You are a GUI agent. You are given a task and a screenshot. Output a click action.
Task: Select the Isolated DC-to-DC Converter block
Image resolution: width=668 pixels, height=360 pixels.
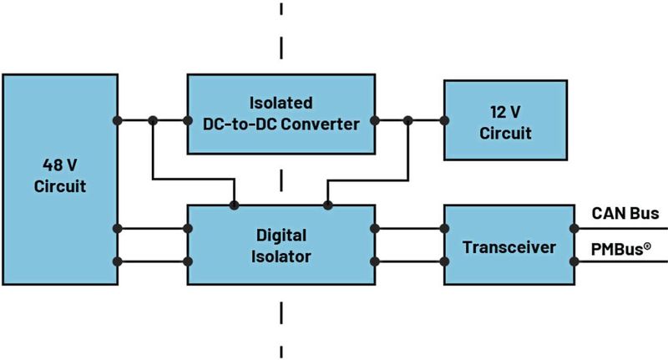281,114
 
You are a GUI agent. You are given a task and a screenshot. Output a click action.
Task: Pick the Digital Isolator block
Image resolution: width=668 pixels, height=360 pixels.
281,245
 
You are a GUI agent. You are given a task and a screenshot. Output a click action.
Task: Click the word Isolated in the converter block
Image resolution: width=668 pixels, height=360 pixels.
281,104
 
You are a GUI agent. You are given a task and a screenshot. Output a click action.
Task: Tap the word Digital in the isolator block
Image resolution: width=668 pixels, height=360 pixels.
281,234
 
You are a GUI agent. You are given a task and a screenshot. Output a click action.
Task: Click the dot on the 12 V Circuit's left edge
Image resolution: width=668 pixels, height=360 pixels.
443,121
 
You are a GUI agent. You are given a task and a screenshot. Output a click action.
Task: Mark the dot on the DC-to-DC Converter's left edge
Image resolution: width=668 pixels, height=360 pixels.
188,121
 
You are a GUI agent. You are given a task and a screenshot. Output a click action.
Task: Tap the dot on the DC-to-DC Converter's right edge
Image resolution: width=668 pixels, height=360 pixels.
374,121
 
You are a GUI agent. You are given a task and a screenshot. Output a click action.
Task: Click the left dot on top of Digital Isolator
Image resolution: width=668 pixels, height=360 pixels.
235,205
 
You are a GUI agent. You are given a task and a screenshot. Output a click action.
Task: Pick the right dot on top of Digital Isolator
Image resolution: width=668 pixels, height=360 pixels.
327,205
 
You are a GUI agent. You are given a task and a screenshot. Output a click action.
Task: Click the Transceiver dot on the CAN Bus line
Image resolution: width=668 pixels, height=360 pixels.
573,228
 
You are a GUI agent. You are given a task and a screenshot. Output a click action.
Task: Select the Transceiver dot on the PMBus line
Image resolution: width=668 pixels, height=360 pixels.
573,262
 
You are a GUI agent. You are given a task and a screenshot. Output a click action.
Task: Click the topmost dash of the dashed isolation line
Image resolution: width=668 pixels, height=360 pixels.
281,10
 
